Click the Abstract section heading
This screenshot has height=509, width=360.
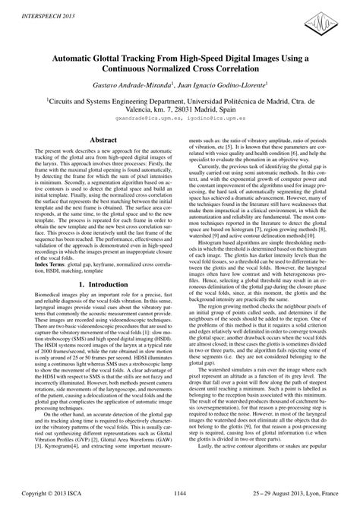pyautogui.click(x=103, y=140)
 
